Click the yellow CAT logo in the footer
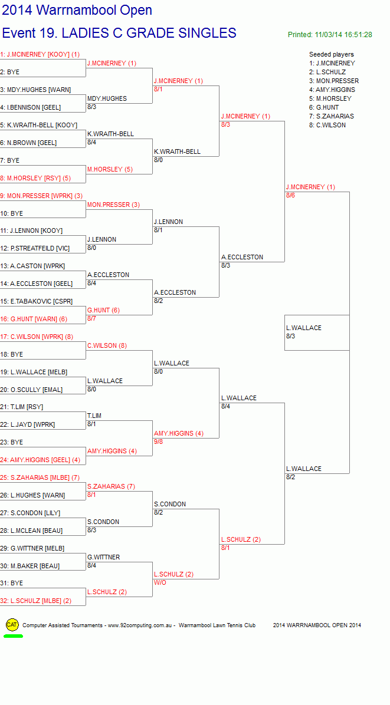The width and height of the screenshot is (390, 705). pyautogui.click(x=12, y=624)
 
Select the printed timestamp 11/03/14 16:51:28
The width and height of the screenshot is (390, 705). pyautogui.click(x=343, y=35)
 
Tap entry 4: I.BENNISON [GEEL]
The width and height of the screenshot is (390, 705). pyautogui.click(x=31, y=107)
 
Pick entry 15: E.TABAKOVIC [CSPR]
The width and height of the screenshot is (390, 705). pyautogui.click(x=37, y=301)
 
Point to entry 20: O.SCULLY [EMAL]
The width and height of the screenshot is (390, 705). pyautogui.click(x=31, y=390)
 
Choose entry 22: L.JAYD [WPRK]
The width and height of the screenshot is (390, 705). pyautogui.click(x=28, y=425)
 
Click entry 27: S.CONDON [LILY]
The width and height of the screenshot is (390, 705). pyautogui.click(x=30, y=513)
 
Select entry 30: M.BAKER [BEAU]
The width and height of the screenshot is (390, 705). pyautogui.click(x=30, y=566)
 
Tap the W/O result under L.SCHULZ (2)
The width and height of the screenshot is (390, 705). pyautogui.click(x=160, y=583)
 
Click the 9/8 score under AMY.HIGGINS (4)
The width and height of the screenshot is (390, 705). pyautogui.click(x=158, y=442)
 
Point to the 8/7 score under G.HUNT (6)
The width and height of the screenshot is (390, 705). pyautogui.click(x=92, y=318)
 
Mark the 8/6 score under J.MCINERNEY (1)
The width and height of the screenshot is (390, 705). pyautogui.click(x=291, y=195)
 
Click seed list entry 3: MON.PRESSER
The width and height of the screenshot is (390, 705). pyautogui.click(x=334, y=81)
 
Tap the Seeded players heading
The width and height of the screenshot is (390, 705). pyautogui.click(x=332, y=54)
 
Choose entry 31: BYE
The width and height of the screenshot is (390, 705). pyautogui.click(x=12, y=583)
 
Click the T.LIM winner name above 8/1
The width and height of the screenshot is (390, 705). pyautogui.click(x=94, y=416)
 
